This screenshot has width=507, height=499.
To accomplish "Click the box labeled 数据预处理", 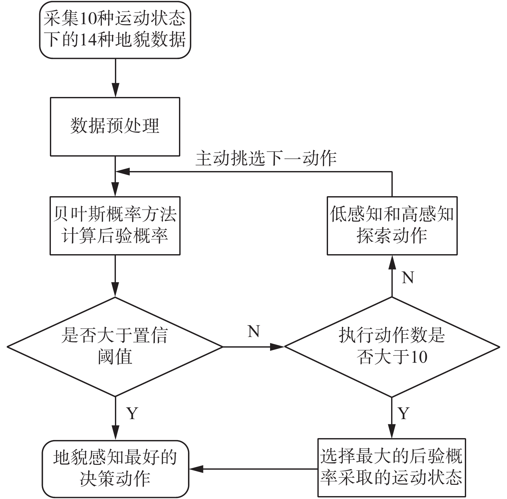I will pos(115,127).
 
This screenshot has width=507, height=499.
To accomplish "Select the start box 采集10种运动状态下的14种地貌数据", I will pos(115,30).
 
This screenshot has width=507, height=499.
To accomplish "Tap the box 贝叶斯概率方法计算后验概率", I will pos(115,226).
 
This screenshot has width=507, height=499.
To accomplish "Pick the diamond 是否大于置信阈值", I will pos(115,347).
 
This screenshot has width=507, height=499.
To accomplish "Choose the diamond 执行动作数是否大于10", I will pos(392,347).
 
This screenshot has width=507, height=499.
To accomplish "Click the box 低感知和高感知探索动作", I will pos(392,226).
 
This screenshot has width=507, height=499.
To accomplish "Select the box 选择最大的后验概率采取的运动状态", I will pos(391,467).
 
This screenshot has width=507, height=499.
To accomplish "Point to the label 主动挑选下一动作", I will pos(266,158).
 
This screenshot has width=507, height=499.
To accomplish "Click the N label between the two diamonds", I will pos(254,331).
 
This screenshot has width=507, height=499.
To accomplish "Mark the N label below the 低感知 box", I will pos(408,277).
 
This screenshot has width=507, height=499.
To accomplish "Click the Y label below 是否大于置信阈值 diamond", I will pos(132,413).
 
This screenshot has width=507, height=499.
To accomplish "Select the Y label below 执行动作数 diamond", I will pos(404,413).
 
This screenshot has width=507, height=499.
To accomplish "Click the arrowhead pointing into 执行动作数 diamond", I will pos(277,347).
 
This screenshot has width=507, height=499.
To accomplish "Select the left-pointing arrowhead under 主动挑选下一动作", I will pos(123,172).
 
